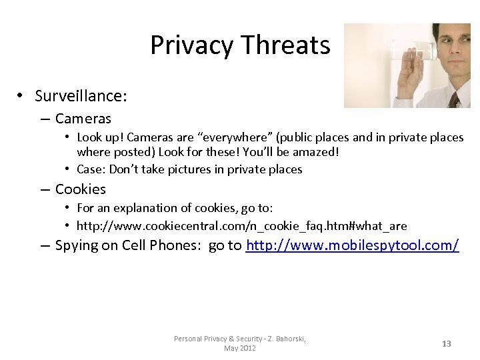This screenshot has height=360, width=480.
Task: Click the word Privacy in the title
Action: click(192, 45)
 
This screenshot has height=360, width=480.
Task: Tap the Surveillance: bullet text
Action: click(81, 96)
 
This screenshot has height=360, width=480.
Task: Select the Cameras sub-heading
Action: click(83, 119)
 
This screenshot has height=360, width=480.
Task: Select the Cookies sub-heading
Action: click(81, 189)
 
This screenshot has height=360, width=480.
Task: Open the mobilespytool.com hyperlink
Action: click(352, 245)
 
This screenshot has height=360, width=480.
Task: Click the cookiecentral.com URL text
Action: click(241, 225)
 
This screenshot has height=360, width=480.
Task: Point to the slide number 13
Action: click(446, 344)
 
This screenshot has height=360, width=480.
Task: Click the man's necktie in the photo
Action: click(454, 100)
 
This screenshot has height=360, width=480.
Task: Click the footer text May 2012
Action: click(240, 348)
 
